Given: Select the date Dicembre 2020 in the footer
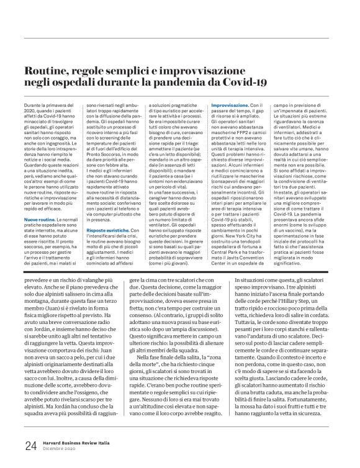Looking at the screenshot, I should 60,448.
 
